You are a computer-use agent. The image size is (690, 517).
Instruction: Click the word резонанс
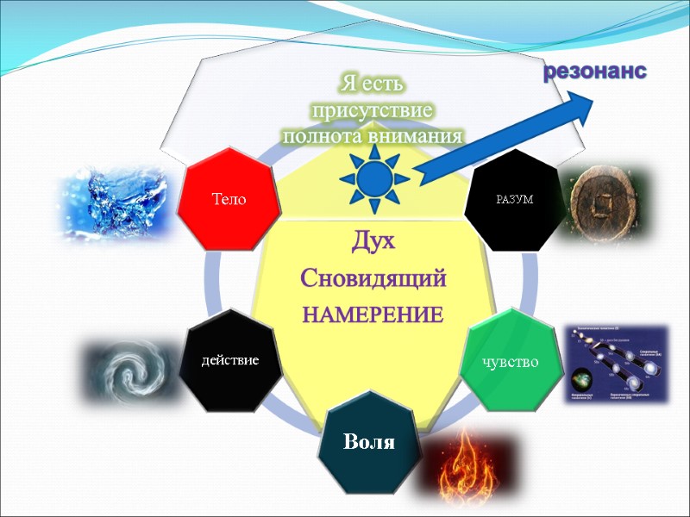(x=594, y=72)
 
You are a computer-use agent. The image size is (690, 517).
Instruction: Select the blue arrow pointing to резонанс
(x=509, y=134)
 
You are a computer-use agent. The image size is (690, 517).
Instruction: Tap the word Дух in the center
(x=373, y=242)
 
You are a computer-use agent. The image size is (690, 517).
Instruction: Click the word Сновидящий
(x=373, y=278)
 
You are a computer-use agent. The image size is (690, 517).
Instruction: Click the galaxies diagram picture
(x=616, y=364)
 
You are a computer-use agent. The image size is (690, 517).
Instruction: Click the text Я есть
(x=373, y=84)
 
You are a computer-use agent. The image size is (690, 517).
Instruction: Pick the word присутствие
(x=373, y=111)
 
